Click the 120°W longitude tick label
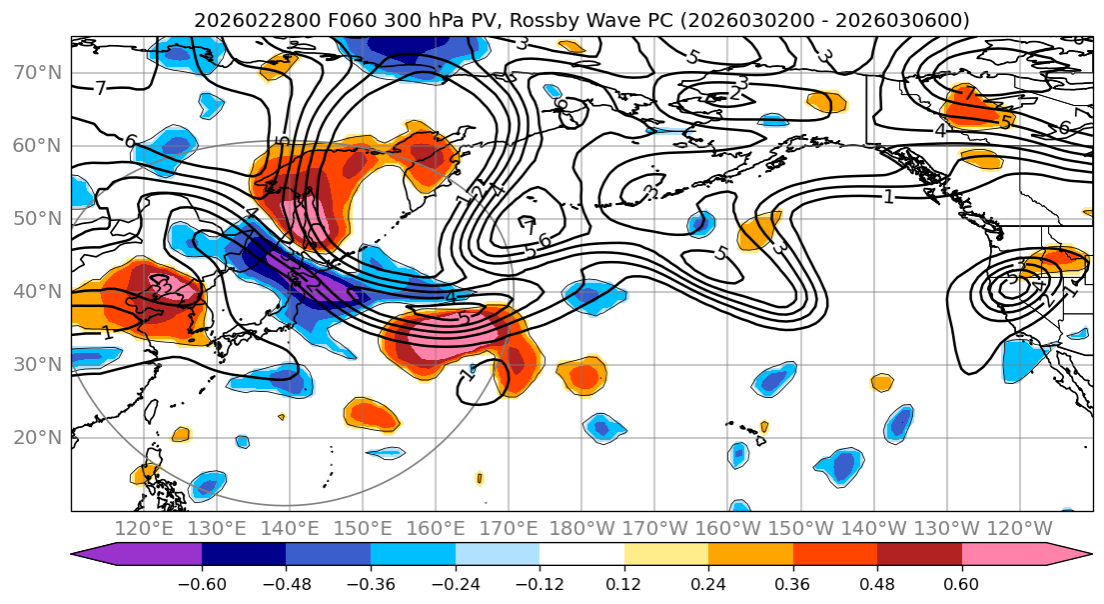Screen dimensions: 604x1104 pos(1020,528)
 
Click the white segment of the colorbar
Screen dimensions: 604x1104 pos(581,555)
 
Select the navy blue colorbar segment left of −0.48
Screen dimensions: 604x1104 pos(244,555)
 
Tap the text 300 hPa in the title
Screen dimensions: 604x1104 pos(397,20)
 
